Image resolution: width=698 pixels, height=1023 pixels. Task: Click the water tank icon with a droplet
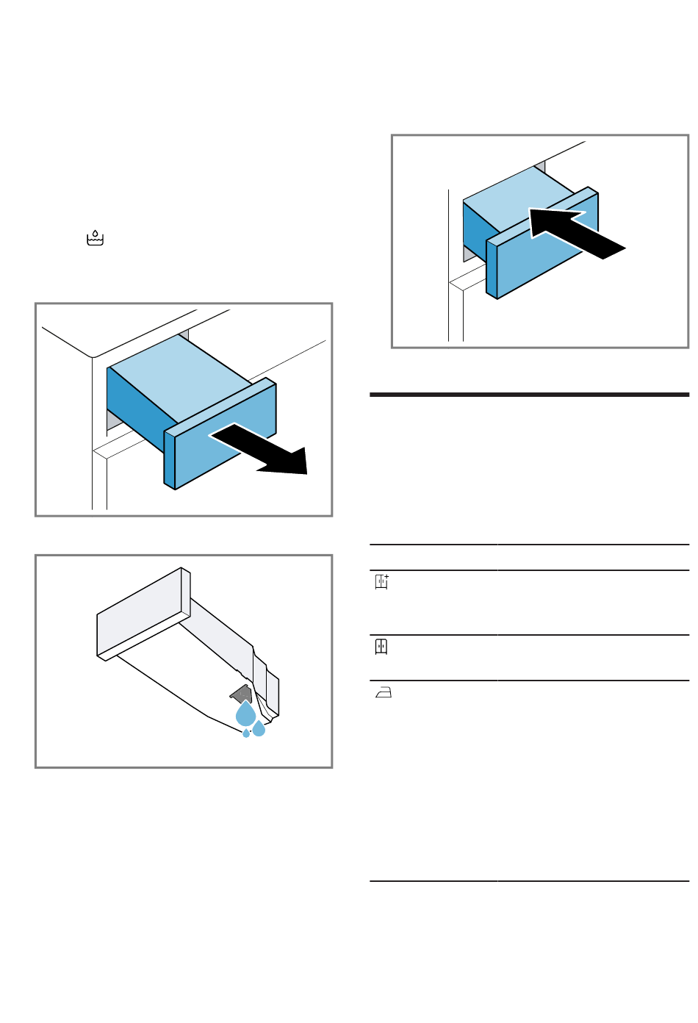click(x=96, y=238)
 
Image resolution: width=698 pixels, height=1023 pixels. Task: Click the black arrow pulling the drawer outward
click(x=265, y=450)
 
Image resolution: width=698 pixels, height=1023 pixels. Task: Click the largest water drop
click(x=245, y=714)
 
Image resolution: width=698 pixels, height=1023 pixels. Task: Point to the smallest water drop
click(x=246, y=733)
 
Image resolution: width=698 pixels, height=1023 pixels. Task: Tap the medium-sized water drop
click(x=259, y=729)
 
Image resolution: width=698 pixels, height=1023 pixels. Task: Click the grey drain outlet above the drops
click(x=241, y=693)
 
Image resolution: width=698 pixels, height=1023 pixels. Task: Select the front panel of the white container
click(x=140, y=614)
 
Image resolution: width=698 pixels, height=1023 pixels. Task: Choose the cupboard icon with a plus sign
click(x=381, y=582)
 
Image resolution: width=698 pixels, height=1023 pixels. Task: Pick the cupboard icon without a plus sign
click(x=381, y=647)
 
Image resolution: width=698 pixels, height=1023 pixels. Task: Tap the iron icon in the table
click(x=383, y=692)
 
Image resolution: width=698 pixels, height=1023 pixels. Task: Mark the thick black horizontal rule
click(x=529, y=395)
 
